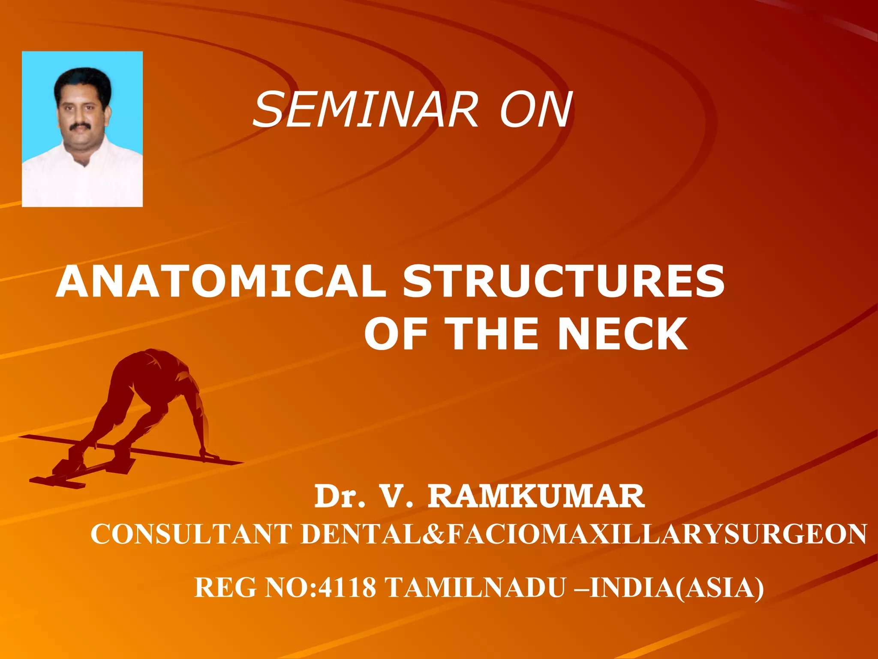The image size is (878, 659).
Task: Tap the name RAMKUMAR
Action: click(x=536, y=496)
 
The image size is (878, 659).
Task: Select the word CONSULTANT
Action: click(x=191, y=534)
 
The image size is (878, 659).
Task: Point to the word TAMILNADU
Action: click(x=475, y=587)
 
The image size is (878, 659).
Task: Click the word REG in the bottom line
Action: click(x=226, y=587)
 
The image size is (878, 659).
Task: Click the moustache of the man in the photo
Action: click(x=80, y=126)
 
